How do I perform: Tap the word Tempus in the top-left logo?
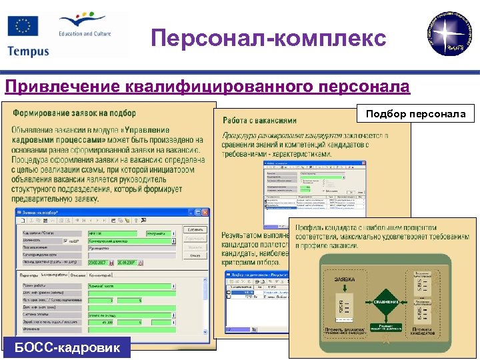click(x=28, y=51)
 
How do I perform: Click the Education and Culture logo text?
click(x=84, y=33)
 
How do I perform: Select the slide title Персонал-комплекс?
click(x=268, y=38)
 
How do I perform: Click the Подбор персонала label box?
click(x=416, y=114)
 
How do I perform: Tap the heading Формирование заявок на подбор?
click(x=74, y=113)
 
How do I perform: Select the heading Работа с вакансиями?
click(x=259, y=121)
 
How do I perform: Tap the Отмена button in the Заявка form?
click(x=194, y=255)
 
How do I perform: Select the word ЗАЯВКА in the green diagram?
click(x=345, y=279)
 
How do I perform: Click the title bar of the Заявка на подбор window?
click(x=100, y=213)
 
